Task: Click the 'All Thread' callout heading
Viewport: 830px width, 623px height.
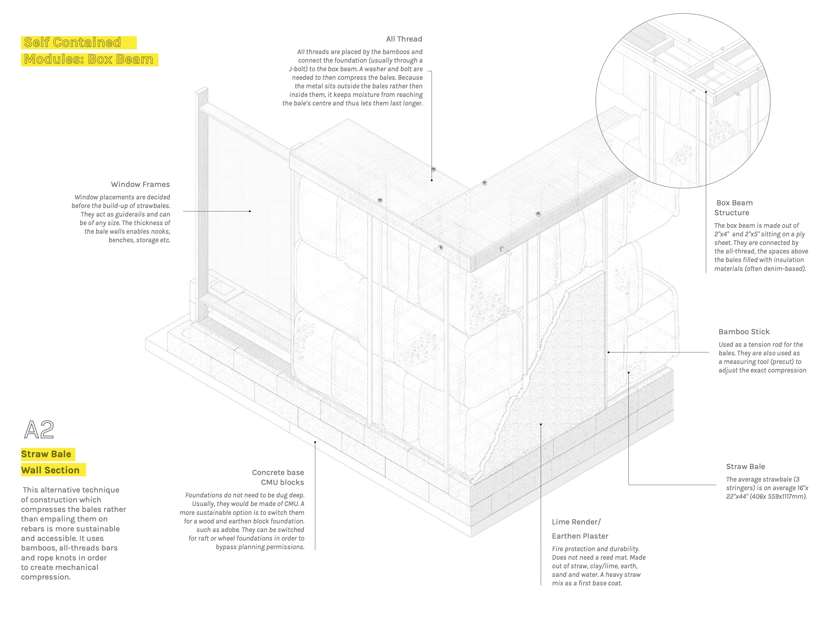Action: coord(404,39)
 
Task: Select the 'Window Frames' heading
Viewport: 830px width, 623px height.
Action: coord(140,184)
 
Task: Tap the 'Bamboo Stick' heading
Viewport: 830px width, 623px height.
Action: coord(744,332)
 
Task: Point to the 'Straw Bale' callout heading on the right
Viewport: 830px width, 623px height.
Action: coord(745,466)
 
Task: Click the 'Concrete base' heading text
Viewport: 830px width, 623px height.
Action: coord(278,472)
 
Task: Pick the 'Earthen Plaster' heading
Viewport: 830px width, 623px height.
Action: coord(580,536)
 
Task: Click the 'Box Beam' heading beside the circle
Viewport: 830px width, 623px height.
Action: coord(734,203)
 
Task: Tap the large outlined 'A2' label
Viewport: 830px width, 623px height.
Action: coord(39,430)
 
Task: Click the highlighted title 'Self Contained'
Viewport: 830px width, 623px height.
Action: coord(72,43)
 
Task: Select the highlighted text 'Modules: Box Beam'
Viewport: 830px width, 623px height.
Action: coord(89,59)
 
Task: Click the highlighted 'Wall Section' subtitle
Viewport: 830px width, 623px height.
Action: coord(50,470)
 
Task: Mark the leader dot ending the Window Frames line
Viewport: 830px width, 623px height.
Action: coord(250,211)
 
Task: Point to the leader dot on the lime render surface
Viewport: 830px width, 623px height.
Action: coord(541,424)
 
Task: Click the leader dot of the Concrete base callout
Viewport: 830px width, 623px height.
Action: coord(315,442)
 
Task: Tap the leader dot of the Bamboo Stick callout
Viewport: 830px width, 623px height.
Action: coord(609,352)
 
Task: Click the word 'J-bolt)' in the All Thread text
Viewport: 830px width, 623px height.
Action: coord(298,69)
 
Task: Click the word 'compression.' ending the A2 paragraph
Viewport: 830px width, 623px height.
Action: coord(46,577)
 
